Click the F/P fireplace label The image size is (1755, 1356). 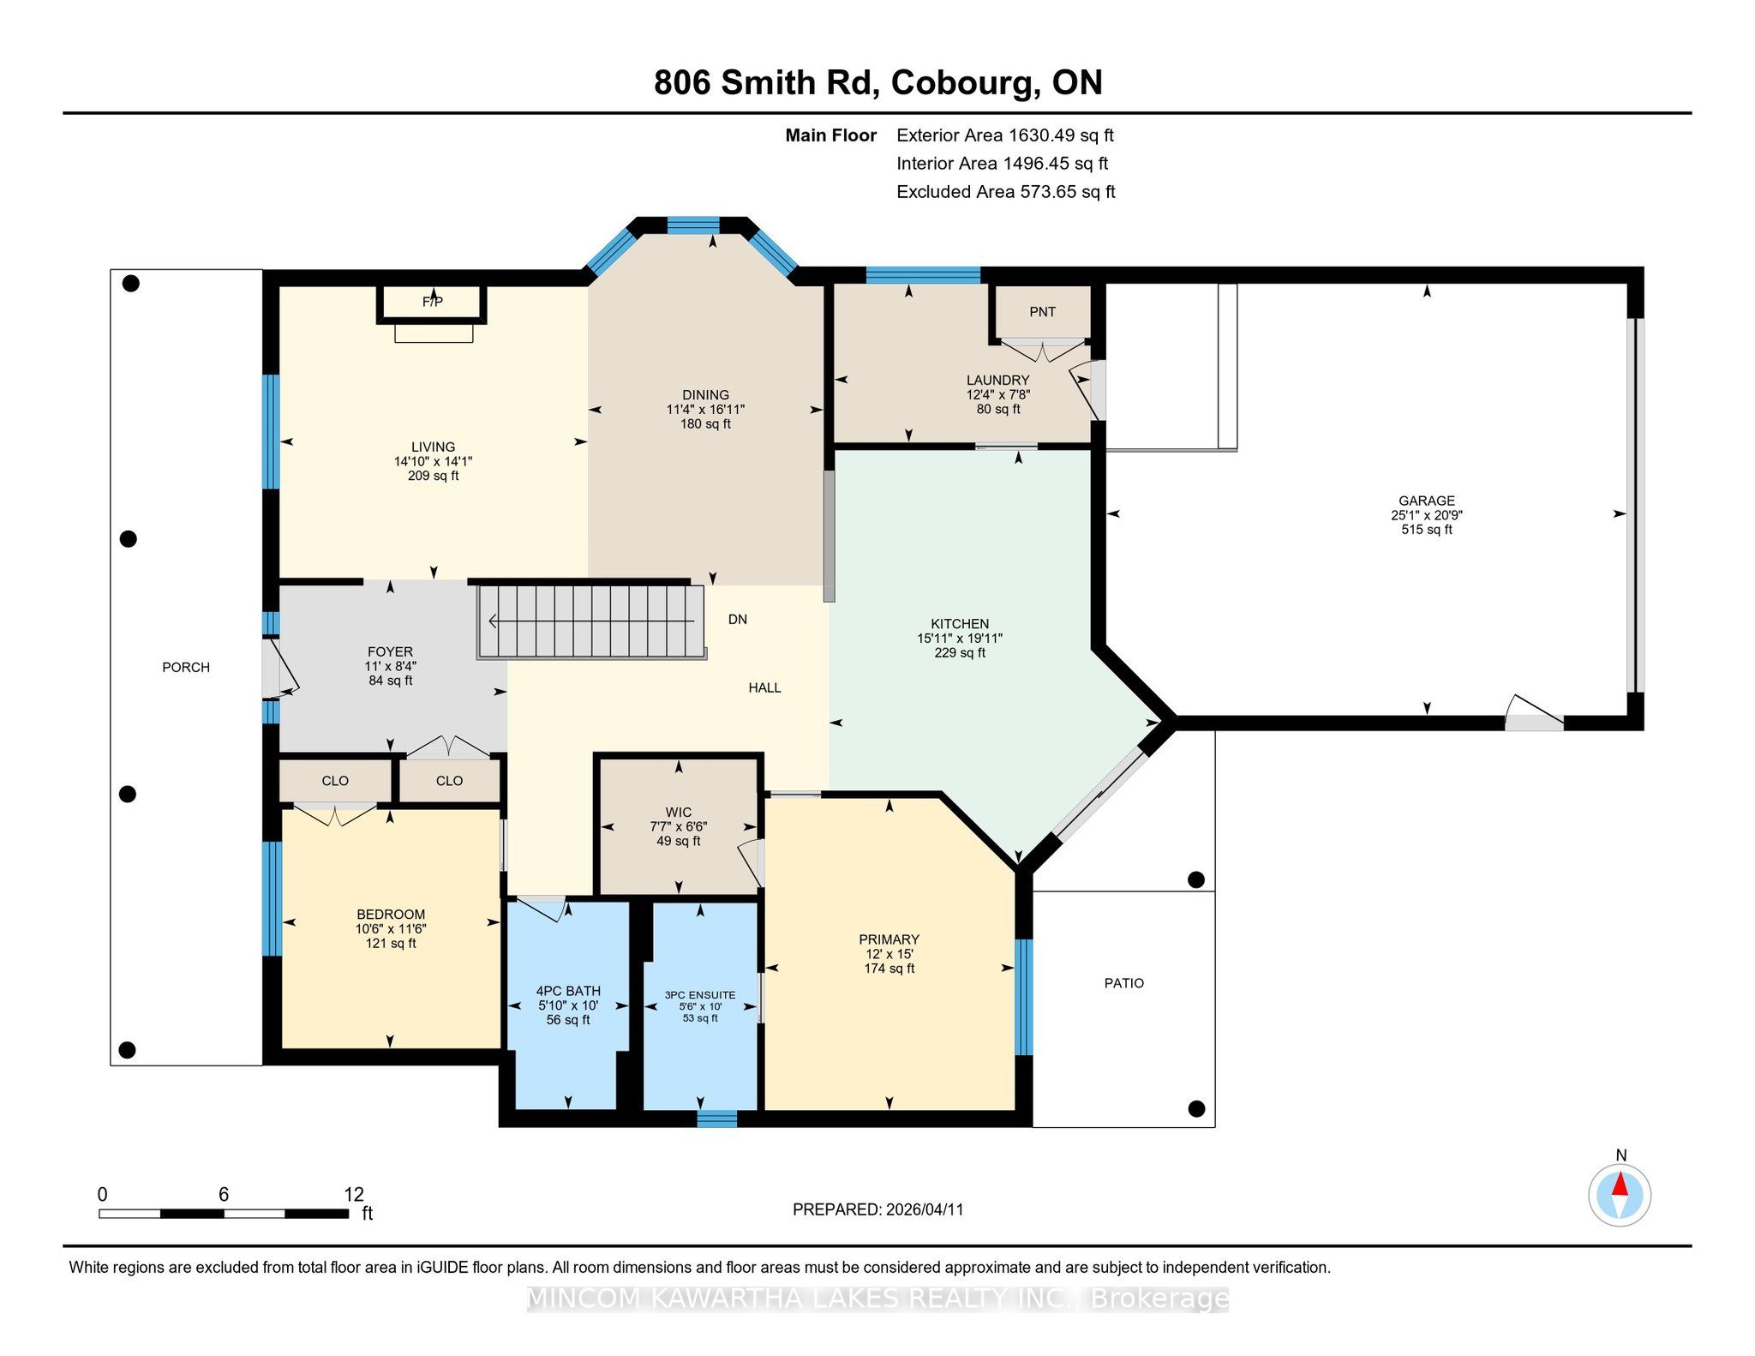433,302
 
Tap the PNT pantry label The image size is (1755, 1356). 1042,312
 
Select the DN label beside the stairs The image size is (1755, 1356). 738,619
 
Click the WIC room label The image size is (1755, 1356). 678,812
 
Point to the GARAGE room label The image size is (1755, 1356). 1427,501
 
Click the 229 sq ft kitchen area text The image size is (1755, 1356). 960,653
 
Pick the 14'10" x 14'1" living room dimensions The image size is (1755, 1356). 433,461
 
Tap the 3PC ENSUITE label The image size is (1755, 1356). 700,995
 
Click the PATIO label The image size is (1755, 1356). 1123,983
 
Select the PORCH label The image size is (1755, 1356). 186,668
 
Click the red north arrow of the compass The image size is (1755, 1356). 1620,1185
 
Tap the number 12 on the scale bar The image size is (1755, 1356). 354,1195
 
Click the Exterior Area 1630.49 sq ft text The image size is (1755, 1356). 1005,135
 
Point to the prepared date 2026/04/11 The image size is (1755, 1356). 925,1209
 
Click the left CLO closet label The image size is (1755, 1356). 335,781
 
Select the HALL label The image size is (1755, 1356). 764,687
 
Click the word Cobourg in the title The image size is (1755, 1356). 961,83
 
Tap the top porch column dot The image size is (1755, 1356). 131,284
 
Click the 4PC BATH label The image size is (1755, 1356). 568,991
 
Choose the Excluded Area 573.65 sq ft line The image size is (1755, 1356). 1006,192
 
